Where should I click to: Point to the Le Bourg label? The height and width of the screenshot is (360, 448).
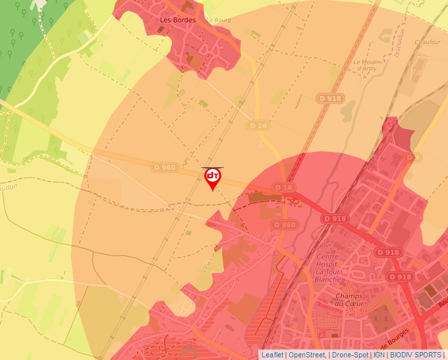pyautogui.click(x=219, y=20)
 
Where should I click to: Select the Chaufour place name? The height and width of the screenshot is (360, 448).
pyautogui.click(x=426, y=42)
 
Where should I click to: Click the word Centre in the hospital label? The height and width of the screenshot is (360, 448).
pyautogui.click(x=327, y=257)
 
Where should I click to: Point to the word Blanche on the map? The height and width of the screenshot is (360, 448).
pyautogui.click(x=328, y=279)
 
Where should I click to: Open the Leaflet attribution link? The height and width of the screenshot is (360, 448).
pyautogui.click(x=272, y=355)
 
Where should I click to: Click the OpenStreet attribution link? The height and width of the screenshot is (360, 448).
pyautogui.click(x=307, y=355)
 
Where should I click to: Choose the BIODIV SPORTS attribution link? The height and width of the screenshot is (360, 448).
pyautogui.click(x=416, y=355)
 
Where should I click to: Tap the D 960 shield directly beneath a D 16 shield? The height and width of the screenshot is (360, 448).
pyautogui.click(x=284, y=225)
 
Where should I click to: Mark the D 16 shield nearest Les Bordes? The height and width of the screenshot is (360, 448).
pyautogui.click(x=259, y=125)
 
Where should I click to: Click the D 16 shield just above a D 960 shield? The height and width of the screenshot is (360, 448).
pyautogui.click(x=283, y=188)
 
